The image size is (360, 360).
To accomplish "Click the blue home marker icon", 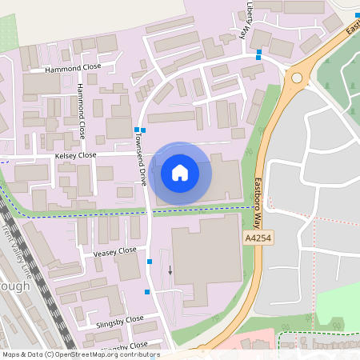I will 180,172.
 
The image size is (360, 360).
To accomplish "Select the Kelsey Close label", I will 75,155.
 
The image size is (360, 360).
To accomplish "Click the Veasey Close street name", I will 115,250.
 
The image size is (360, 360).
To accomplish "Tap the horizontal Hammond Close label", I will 73,70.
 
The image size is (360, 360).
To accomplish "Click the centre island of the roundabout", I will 298,78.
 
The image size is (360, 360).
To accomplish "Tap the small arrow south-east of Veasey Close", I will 170,269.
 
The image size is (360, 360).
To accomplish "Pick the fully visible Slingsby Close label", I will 118,318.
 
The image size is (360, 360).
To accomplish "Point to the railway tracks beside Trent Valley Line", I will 40,272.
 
